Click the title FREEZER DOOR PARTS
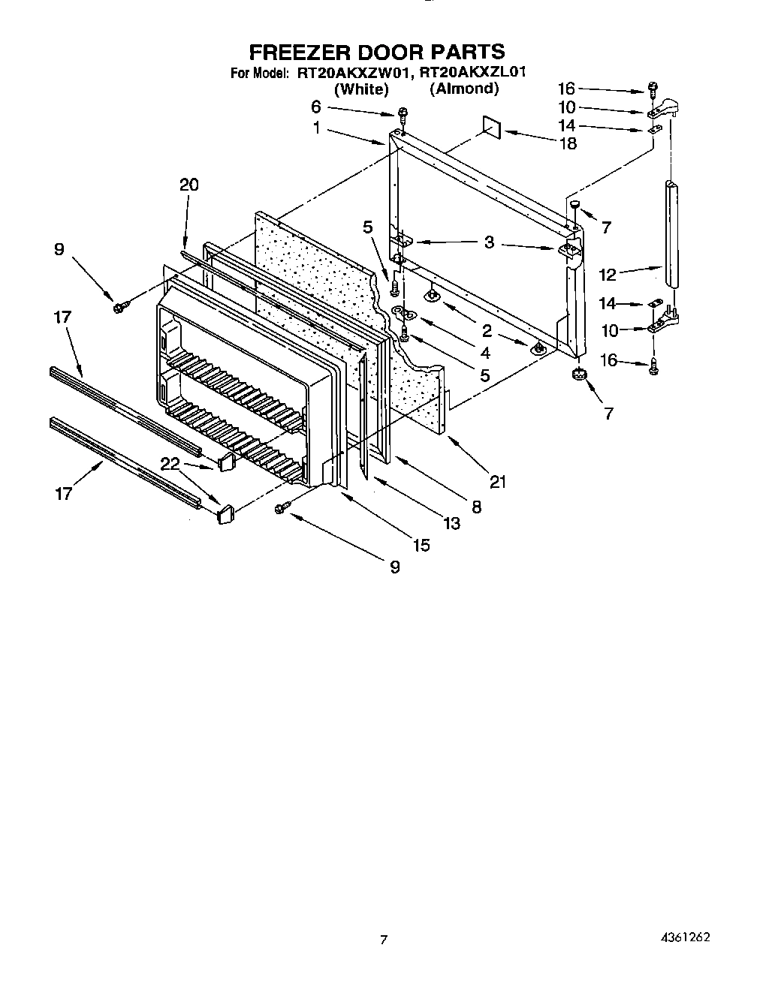[376, 52]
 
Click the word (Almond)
[464, 89]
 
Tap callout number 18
[568, 143]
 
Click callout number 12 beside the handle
[607, 274]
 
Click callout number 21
[497, 481]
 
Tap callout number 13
[451, 523]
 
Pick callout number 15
[421, 546]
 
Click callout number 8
[475, 507]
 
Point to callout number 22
[170, 465]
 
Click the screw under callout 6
[403, 114]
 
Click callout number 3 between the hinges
[489, 243]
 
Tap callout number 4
[485, 352]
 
